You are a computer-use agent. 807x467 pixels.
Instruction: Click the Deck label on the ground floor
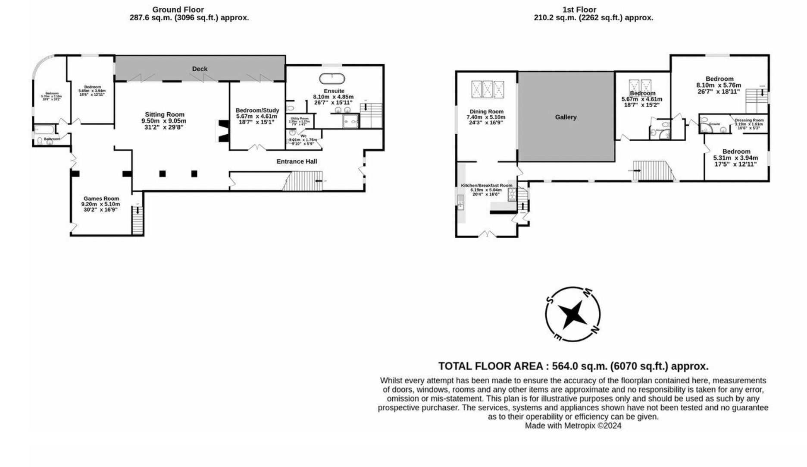click(200, 69)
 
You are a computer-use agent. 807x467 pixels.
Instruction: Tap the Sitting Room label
click(164, 115)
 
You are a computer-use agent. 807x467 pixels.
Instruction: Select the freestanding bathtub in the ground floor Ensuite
click(332, 79)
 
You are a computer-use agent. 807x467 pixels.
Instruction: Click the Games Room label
click(101, 199)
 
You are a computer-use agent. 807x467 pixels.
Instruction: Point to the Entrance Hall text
click(297, 161)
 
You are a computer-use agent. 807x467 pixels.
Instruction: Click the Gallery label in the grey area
click(566, 117)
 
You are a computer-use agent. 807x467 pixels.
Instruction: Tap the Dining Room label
click(486, 112)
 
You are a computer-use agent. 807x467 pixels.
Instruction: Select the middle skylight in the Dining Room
click(487, 90)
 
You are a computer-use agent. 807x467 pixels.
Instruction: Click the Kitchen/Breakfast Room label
click(487, 186)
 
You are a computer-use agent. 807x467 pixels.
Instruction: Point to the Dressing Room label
click(749, 120)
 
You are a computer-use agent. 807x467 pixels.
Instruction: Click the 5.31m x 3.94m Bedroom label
click(736, 151)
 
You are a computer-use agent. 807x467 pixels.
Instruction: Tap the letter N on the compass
click(594, 330)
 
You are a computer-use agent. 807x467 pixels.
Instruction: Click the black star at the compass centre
click(572, 314)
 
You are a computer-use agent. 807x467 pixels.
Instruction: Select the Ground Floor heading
click(178, 9)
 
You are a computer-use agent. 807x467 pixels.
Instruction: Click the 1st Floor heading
click(579, 9)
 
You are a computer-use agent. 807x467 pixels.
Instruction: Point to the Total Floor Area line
click(573, 366)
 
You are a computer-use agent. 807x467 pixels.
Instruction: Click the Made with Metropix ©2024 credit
click(573, 426)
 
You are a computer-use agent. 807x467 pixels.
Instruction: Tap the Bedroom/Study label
click(257, 110)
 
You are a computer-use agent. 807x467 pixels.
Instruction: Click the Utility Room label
click(300, 118)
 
